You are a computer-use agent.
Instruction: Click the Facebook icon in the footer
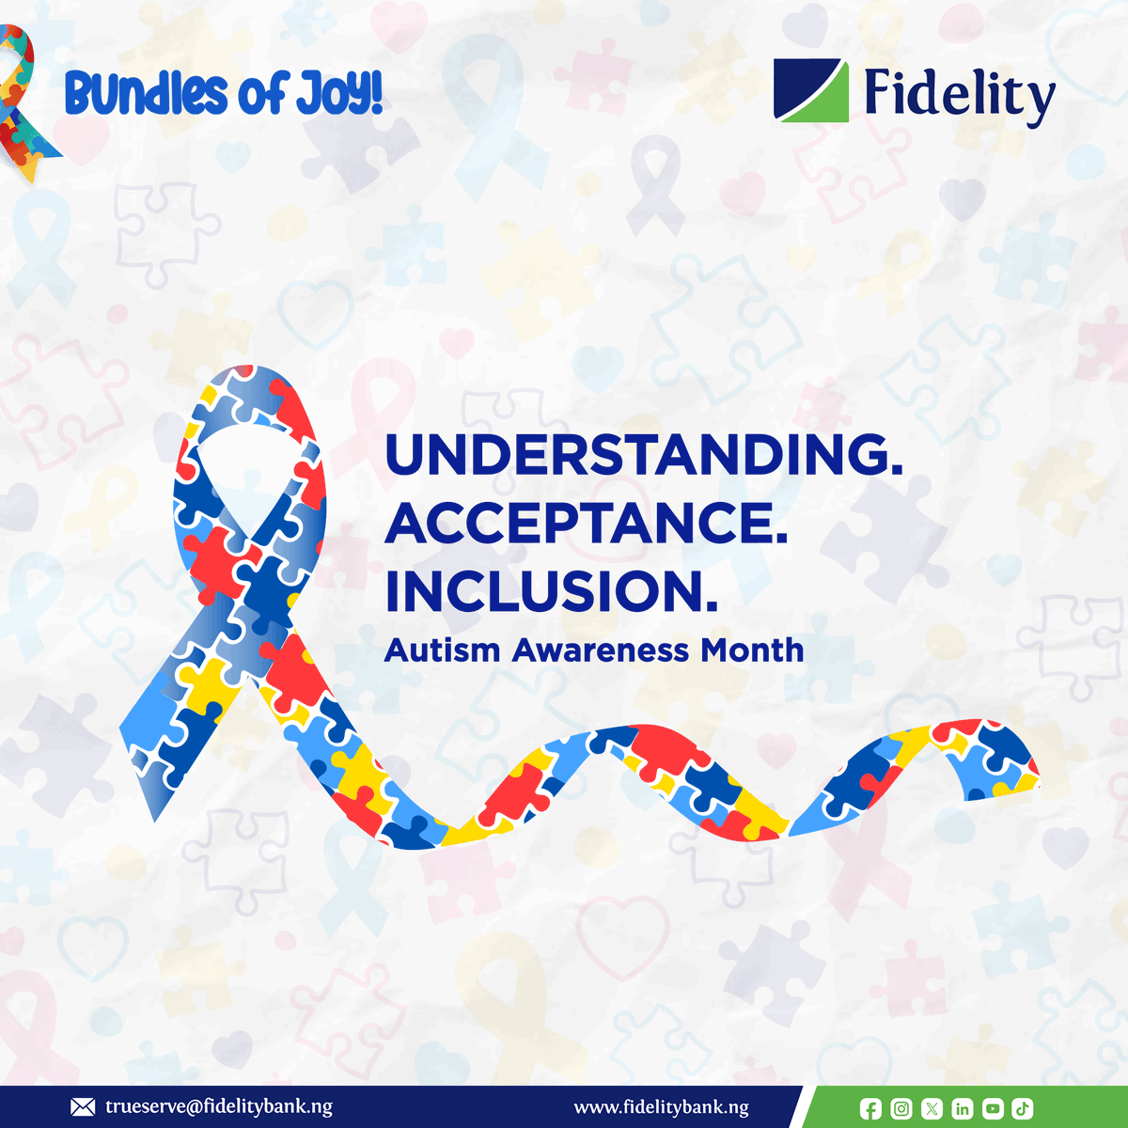[871, 1109]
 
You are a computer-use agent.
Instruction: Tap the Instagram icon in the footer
[901, 1109]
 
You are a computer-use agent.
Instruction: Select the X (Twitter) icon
[932, 1109]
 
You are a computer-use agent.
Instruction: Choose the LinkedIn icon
[962, 1109]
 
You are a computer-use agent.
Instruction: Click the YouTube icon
[993, 1109]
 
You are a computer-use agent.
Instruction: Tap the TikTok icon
[1023, 1109]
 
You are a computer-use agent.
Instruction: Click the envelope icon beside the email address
[83, 1107]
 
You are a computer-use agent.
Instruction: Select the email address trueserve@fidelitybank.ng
[219, 1107]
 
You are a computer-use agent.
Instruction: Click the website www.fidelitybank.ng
[662, 1107]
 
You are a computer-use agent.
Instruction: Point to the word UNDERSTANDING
[644, 455]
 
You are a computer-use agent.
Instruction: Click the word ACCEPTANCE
[587, 523]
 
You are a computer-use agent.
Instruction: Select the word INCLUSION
[552, 591]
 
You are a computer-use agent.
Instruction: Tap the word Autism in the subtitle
[442, 650]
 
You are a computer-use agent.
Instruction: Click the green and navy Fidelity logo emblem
[811, 90]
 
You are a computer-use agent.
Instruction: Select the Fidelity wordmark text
[959, 94]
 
